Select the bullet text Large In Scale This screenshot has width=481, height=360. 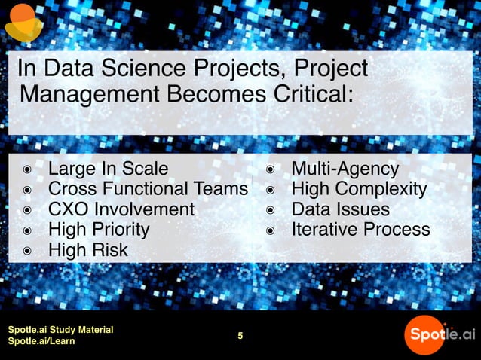coord(108,168)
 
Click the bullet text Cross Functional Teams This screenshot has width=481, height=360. coord(147,188)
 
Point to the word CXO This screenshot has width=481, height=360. coord(69,209)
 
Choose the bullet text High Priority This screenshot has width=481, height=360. coord(99,229)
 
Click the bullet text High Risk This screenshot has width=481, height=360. coord(88,249)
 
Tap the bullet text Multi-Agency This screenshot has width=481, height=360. coord(345,168)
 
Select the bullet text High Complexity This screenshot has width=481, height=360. coord(359,188)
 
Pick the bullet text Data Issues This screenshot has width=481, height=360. coord(340,209)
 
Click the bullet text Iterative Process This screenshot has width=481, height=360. coord(360,229)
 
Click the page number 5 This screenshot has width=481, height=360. coord(240,336)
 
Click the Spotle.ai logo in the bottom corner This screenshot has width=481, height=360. coord(439,334)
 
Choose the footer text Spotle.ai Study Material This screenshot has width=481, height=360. coord(60,330)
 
